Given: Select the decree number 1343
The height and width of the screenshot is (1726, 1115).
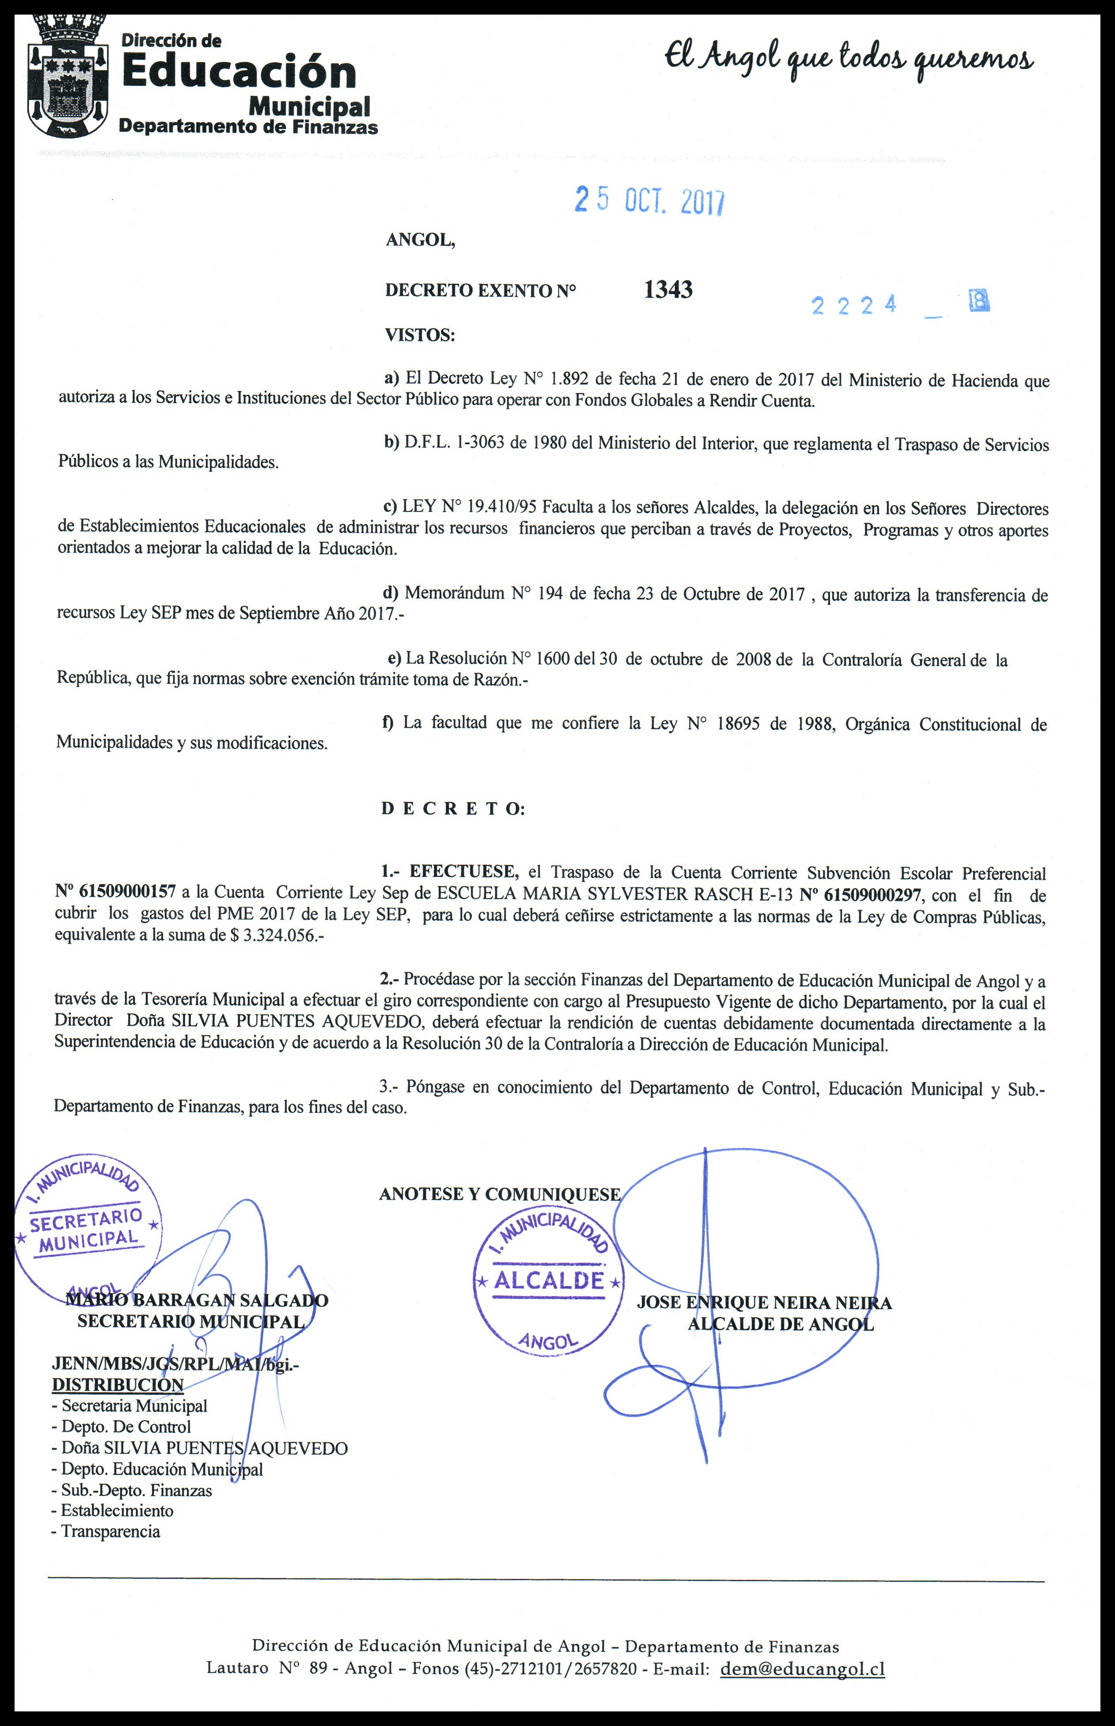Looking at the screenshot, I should point(667,290).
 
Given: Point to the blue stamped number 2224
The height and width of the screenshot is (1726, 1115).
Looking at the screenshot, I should point(854,305).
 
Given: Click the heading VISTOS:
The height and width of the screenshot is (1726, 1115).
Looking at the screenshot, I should point(420,335).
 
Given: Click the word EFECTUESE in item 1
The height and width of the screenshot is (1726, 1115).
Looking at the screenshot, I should point(463,871).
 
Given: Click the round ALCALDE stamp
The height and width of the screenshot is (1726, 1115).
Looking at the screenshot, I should point(548,1280).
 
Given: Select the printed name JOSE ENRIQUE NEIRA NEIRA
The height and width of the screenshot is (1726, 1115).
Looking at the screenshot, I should point(764,1303).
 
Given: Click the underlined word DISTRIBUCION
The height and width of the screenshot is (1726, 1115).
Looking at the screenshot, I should point(118,1385).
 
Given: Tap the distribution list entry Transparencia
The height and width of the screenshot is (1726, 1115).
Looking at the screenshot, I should point(110,1531).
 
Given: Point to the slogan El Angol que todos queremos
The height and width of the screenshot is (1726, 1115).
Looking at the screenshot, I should point(849,58).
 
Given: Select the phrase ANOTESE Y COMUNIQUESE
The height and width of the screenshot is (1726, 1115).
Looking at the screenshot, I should point(500,1194).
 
